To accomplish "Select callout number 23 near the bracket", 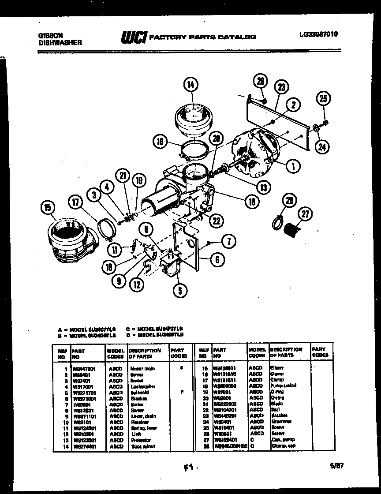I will (x=282, y=88).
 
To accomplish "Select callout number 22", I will (x=216, y=221).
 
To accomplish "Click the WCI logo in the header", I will (x=134, y=38).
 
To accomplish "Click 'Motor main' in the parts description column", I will (x=143, y=368).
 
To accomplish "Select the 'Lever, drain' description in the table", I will (x=143, y=416).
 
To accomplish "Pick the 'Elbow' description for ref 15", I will (x=277, y=367).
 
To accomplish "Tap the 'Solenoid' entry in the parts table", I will (x=140, y=392).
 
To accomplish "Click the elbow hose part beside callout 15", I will (x=71, y=240).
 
